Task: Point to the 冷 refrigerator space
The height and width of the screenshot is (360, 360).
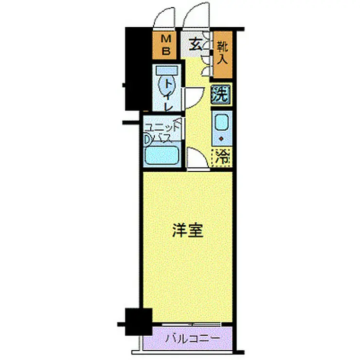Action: pos(222,157)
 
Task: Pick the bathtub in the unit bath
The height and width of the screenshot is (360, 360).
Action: pos(162,157)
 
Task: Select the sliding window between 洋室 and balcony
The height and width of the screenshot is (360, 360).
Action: pos(192,324)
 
